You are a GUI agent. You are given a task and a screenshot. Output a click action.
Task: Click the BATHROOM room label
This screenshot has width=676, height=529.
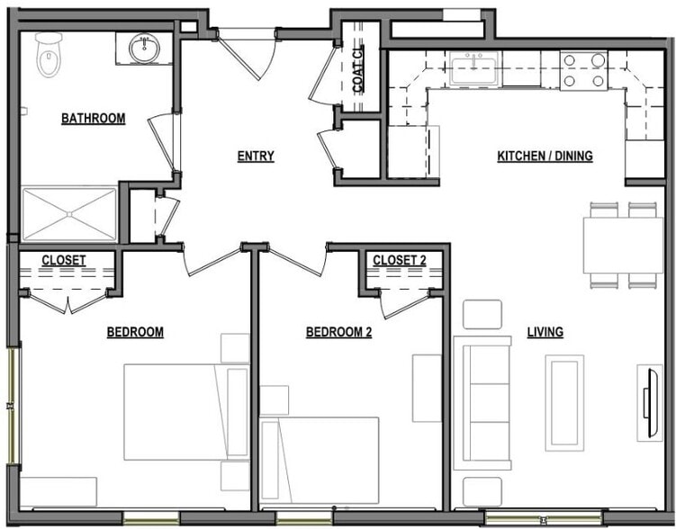click(93, 119)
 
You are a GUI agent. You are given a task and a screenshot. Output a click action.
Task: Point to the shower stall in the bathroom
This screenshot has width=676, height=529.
click(68, 213)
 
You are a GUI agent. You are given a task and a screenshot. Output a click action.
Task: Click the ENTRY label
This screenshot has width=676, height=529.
click(256, 157)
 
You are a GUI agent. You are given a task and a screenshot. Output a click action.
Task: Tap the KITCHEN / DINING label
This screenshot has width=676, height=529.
click(545, 157)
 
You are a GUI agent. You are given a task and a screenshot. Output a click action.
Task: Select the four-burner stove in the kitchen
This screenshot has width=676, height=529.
click(583, 70)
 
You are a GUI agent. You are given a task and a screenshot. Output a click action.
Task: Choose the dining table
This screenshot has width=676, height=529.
click(622, 245)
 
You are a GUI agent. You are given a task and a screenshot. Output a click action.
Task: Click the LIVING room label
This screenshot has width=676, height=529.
click(545, 333)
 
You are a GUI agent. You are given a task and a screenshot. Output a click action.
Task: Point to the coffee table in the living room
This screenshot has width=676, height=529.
click(564, 402)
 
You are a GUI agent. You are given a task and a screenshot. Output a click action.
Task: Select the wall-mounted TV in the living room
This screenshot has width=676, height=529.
click(647, 402)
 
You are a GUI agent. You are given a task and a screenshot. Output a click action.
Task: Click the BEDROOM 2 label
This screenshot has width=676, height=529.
click(338, 333)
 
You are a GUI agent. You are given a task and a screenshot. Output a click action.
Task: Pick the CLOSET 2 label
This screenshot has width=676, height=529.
click(399, 261)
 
